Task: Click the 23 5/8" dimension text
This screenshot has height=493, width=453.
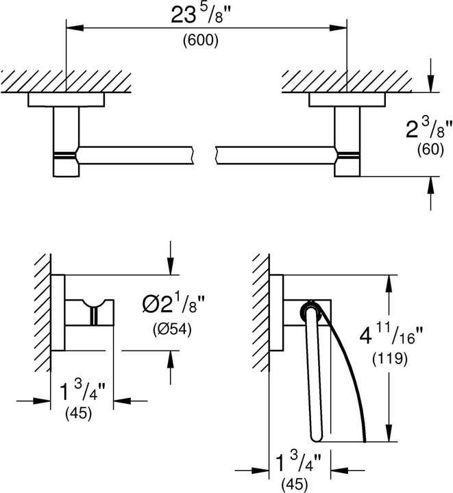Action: click(201, 17)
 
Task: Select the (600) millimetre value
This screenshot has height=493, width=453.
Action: click(201, 41)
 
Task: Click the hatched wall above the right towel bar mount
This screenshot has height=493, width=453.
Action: click(345, 82)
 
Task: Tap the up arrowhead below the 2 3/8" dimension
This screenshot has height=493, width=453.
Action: click(431, 186)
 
